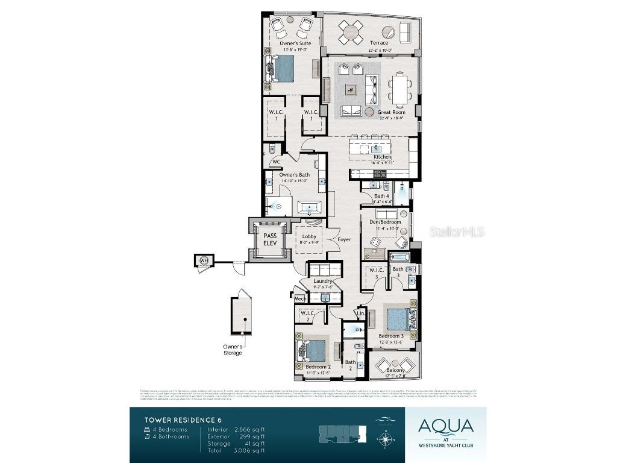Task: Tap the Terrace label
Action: (379, 43)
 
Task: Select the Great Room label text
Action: (391, 112)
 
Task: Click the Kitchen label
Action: (382, 157)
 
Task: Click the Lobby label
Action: (309, 236)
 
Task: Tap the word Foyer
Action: (344, 239)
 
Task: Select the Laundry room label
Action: (324, 281)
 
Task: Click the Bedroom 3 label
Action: (390, 336)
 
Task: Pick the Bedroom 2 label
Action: (318, 367)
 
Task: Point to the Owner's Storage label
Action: (233, 349)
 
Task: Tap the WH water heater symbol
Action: (203, 260)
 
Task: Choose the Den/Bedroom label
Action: (384, 222)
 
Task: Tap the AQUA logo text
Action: (445, 426)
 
